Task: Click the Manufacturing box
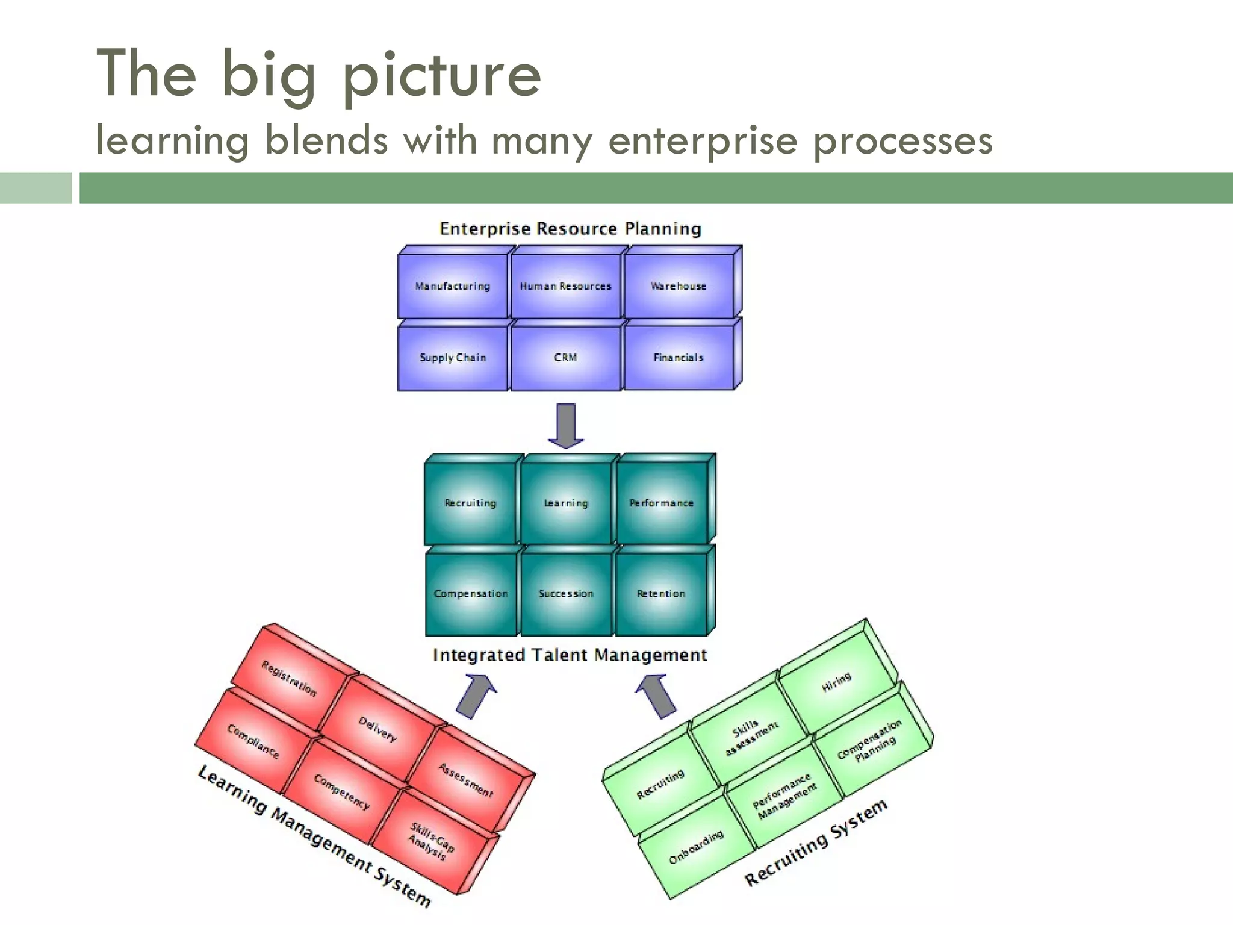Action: (453, 286)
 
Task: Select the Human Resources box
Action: (565, 286)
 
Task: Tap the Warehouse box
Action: (679, 286)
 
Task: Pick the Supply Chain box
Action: (453, 358)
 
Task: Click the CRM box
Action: (565, 358)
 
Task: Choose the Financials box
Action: (679, 358)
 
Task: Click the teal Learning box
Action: (566, 503)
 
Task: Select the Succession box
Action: (566, 594)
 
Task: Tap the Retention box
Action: (661, 594)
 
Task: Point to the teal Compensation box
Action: (471, 594)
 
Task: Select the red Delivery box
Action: (377, 729)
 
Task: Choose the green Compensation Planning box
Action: (870, 741)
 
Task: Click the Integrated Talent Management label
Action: (570, 655)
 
